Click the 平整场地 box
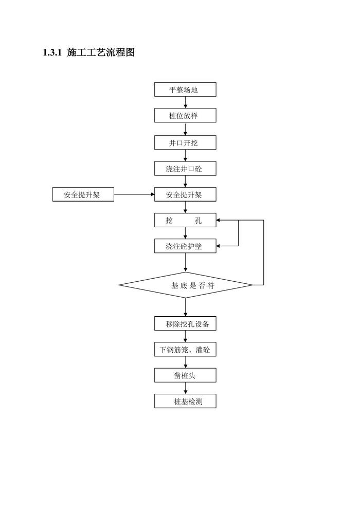tap(185, 89)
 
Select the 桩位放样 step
tap(185, 116)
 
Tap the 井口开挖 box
tap(185, 142)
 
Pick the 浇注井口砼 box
tap(185, 169)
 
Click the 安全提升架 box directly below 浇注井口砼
tap(185, 194)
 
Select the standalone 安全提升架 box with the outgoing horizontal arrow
tap(83, 194)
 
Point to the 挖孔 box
tap(185, 221)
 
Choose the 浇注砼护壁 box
tap(185, 246)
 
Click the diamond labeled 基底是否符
tap(185, 285)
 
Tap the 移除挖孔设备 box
tap(185, 324)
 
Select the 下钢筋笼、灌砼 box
tap(185, 350)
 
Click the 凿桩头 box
tap(185, 375)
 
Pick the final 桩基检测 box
tap(185, 401)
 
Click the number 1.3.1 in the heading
tap(52, 52)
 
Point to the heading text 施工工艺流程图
tap(101, 52)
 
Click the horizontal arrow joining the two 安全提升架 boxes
tap(134, 194)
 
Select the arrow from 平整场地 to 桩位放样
tap(185, 103)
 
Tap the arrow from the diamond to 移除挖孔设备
tap(185, 307)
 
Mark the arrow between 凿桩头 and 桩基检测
tap(185, 388)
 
